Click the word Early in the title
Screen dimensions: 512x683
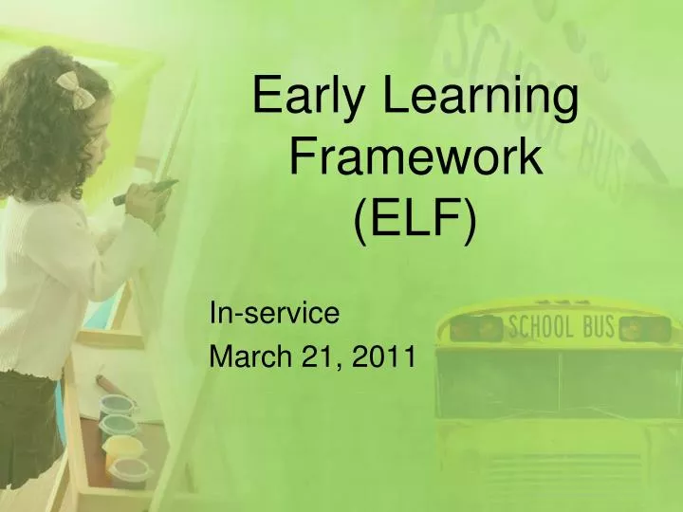306,97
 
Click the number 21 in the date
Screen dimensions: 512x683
318,357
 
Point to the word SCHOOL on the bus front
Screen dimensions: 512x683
542,328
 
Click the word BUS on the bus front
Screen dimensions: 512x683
598,327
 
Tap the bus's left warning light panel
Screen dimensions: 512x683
474,328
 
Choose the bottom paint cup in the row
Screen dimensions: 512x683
127,469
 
